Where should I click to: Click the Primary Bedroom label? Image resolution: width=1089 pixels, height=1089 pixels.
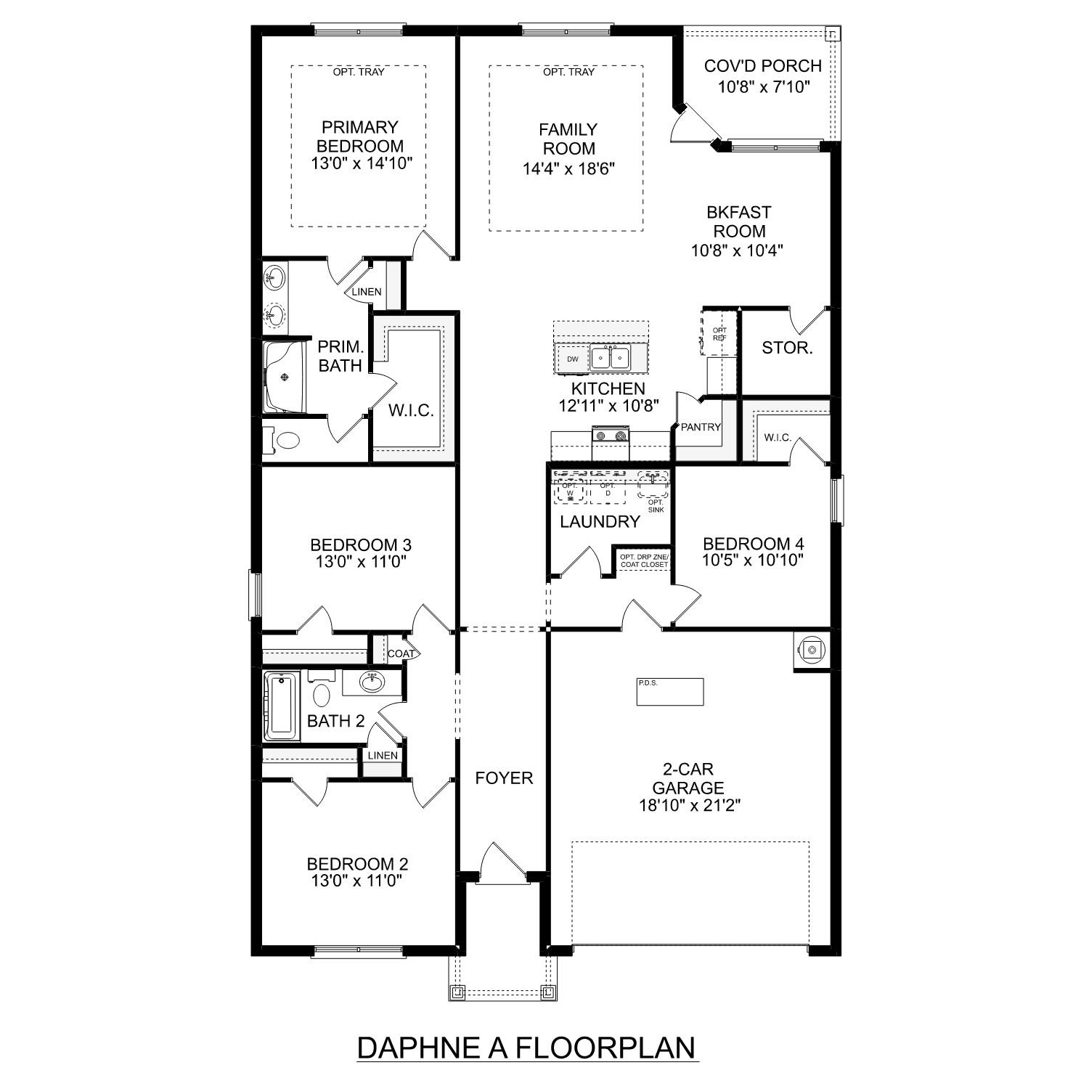pos(361,136)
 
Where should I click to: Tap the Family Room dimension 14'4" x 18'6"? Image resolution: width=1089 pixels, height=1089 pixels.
pos(569,168)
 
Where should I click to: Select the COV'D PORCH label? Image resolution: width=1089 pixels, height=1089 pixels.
pos(762,66)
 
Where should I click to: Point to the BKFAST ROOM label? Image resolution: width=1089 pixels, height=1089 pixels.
pos(738,222)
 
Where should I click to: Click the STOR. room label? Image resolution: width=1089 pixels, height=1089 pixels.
pos(787,348)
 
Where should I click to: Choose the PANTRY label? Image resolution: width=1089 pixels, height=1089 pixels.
pos(701,427)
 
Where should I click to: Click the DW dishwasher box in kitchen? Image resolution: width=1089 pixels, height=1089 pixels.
pos(573,359)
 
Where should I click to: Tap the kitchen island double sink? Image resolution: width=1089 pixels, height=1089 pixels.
pos(609,358)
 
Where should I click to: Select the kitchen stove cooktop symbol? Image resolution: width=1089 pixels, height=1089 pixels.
pos(611,436)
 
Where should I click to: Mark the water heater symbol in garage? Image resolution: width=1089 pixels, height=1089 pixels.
pos(812,649)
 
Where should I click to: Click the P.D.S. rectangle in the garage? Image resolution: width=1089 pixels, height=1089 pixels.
pos(670,691)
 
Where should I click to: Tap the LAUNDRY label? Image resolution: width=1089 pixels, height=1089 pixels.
pos(600,521)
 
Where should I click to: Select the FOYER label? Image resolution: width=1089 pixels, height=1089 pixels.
pos(504,778)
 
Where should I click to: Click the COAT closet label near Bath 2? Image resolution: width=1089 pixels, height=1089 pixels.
pos(401,653)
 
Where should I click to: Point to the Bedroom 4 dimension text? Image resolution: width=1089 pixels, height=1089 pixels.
pos(753,560)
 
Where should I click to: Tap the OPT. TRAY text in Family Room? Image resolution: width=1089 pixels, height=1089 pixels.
pos(568,72)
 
